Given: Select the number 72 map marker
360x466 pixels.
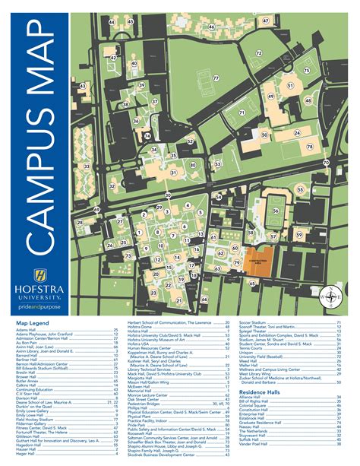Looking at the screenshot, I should [x=258, y=53].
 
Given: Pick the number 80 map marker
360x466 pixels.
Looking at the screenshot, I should [x=194, y=165].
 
